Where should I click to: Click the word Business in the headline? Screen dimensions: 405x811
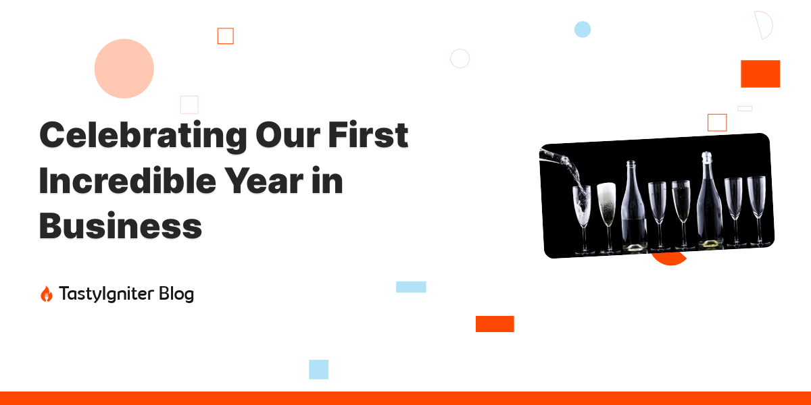[120, 225]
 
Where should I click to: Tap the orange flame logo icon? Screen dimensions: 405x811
[46, 294]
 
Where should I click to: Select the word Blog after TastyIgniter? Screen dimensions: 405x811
[176, 294]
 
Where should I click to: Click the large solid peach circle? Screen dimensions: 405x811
[124, 69]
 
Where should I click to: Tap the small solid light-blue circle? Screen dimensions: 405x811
[583, 29]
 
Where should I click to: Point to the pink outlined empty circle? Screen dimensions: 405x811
[460, 59]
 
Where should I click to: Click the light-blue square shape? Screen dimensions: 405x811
[318, 369]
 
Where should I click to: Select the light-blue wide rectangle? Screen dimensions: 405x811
[411, 287]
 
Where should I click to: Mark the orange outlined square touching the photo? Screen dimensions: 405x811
[717, 122]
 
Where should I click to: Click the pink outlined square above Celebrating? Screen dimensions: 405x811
[189, 105]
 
